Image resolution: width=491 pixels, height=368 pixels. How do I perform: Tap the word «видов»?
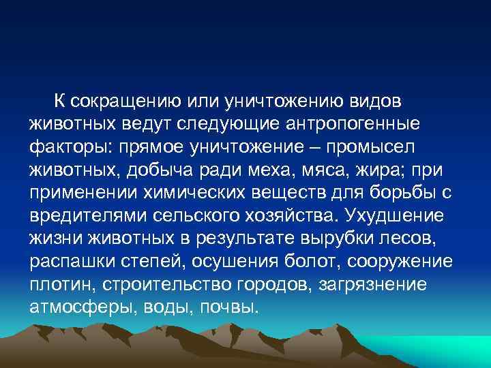[374, 102]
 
